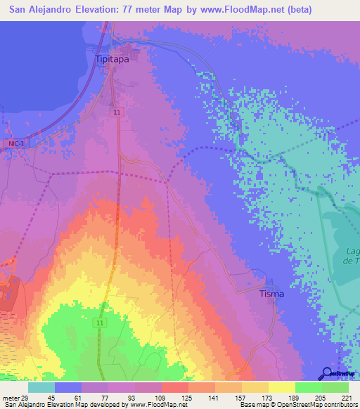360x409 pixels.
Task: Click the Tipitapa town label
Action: pyautogui.click(x=112, y=60)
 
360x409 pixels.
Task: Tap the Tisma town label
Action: pyautogui.click(x=271, y=294)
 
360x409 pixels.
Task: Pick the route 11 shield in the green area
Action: pyautogui.click(x=101, y=323)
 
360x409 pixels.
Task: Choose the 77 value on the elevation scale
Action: pyautogui.click(x=108, y=397)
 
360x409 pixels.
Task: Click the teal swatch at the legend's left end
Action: pyautogui.click(x=41, y=387)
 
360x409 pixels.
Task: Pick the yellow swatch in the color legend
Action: pyautogui.click(x=281, y=387)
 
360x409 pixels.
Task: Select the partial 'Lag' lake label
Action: pyautogui.click(x=353, y=251)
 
